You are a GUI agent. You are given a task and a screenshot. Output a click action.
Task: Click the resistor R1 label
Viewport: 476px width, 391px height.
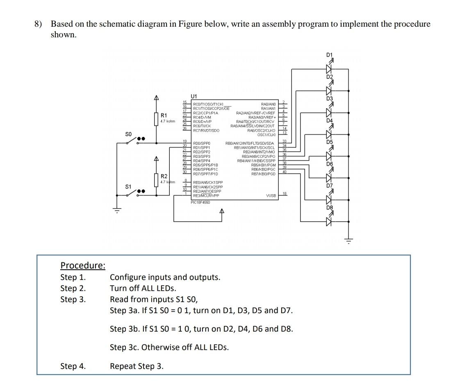click(164, 115)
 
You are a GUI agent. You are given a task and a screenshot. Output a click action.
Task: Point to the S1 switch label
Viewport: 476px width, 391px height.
click(128, 186)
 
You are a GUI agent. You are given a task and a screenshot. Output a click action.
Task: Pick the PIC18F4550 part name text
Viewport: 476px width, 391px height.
click(200, 202)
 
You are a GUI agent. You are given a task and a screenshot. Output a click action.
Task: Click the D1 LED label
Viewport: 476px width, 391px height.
click(330, 55)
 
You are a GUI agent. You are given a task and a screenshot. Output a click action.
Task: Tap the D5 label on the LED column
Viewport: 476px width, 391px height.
click(330, 142)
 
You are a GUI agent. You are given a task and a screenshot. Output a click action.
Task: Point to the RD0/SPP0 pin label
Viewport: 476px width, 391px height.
click(201, 143)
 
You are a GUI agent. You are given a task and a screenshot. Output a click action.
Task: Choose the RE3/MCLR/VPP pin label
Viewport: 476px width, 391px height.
click(206, 196)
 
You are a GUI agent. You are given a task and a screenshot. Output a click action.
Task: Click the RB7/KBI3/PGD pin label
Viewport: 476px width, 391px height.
click(263, 174)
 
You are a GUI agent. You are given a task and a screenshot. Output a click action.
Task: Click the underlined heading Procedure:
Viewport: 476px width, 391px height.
click(83, 266)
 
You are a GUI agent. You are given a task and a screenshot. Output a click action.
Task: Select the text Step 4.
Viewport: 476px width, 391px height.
click(73, 366)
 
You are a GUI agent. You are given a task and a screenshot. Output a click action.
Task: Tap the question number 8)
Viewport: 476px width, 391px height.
click(38, 24)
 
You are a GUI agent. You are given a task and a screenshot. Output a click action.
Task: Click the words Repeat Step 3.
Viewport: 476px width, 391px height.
click(137, 366)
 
